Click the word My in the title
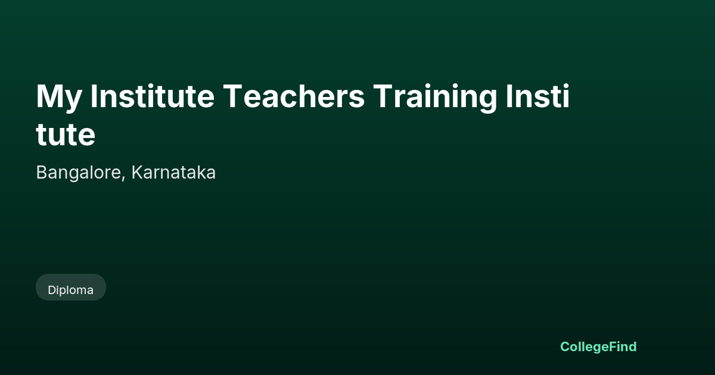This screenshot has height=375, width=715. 59,98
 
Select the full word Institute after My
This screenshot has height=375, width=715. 153,96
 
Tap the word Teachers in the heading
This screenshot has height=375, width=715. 294,96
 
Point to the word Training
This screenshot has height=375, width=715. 435,98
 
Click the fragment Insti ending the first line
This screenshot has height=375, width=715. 538,96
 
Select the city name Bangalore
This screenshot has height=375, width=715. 79,173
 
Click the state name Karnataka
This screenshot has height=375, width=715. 173,172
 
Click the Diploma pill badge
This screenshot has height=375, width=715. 71,287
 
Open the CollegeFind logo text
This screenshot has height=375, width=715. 598,347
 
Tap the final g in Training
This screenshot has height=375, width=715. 487,101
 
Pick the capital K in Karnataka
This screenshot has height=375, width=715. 138,172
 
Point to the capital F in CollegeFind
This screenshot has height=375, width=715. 614,346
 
